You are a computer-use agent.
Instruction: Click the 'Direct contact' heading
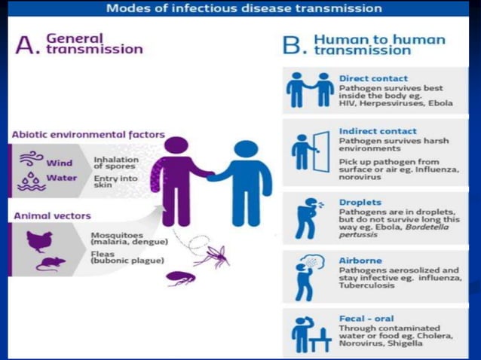373,78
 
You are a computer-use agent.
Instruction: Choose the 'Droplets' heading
360,203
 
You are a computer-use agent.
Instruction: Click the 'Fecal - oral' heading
366,319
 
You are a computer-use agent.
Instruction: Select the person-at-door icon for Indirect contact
310,151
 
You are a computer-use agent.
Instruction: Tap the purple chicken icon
37,240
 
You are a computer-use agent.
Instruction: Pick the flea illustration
181,279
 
